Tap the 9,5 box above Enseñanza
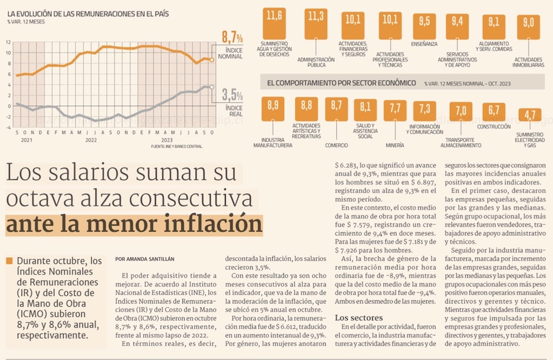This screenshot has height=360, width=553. (425, 22)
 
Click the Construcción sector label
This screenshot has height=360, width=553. (494, 127)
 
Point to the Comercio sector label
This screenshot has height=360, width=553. (337, 145)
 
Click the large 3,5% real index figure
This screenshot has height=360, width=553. (232, 95)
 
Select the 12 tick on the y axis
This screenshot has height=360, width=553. (8, 42)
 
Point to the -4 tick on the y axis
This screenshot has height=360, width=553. (8, 127)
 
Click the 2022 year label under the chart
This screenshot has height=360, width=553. (91, 140)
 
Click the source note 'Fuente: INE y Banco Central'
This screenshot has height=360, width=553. (177, 147)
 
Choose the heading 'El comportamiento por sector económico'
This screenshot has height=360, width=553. (341, 83)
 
